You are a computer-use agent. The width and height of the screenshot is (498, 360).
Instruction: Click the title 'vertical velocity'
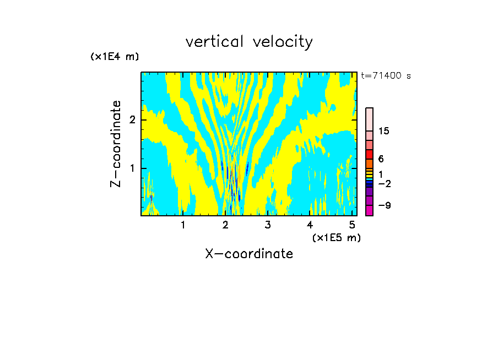point(249,42)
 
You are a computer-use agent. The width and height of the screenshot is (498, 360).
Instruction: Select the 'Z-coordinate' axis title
point(116,144)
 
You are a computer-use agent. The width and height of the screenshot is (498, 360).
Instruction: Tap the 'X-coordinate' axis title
point(249,254)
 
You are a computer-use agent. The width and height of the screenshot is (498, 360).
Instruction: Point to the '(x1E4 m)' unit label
point(115,57)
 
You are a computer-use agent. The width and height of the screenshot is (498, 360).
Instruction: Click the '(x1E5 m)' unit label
point(336,237)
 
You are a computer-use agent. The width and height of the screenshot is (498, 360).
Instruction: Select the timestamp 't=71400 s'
point(386,76)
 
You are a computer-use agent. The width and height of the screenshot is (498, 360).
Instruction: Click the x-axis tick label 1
point(183,225)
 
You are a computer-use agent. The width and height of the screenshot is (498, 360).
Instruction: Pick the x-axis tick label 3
point(268,225)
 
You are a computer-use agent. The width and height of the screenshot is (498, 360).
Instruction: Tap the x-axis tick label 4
point(310,225)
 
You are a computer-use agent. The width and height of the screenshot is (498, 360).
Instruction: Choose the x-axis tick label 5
point(353,225)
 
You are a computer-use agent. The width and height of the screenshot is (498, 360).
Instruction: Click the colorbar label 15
point(384,131)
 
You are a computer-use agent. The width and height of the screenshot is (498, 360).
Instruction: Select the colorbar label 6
point(381,159)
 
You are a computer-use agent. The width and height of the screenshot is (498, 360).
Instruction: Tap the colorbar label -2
point(384,183)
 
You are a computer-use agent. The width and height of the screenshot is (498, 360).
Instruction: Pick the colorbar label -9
point(384,205)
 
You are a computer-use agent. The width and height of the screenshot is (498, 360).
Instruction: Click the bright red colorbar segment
point(369,154)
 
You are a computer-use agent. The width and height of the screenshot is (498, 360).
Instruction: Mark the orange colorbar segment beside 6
point(369,163)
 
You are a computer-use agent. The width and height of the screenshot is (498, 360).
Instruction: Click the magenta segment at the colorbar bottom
point(369,210)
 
